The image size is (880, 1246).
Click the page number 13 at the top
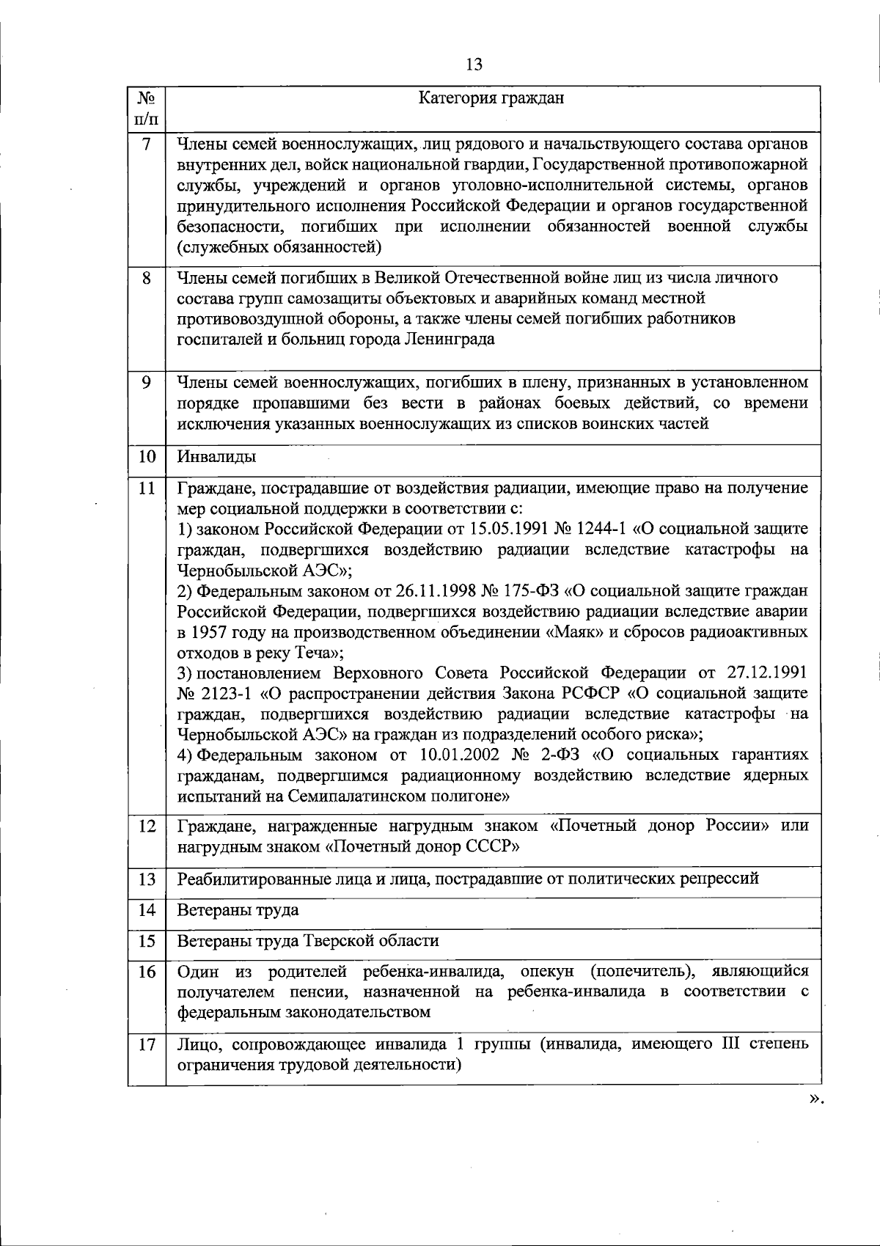[x=474, y=65]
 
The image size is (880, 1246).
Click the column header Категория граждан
[x=491, y=98]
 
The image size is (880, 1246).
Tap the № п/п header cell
[x=147, y=107]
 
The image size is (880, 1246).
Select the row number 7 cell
[x=147, y=144]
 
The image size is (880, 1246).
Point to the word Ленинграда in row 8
[x=449, y=340]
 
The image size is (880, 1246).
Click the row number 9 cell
[x=147, y=383]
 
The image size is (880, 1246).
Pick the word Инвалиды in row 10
[x=216, y=457]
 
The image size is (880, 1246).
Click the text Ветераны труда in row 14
[x=238, y=910]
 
